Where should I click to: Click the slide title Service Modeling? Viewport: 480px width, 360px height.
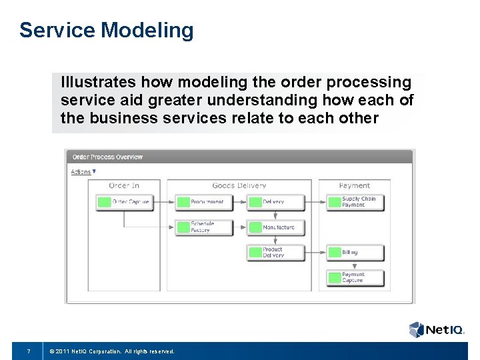(107, 30)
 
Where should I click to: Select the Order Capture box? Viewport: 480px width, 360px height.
(124, 202)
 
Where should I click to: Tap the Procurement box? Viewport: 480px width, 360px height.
(203, 202)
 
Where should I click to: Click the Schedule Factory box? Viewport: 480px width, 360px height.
(203, 227)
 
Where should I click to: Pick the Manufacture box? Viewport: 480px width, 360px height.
(275, 227)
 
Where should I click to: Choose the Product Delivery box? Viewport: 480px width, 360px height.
(275, 253)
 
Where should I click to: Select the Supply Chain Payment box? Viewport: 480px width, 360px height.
(355, 202)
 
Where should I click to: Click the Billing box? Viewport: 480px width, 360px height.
(355, 253)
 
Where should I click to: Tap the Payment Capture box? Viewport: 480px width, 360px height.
(355, 277)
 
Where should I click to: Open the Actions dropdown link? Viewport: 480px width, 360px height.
(83, 172)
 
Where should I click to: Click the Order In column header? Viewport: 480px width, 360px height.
(124, 185)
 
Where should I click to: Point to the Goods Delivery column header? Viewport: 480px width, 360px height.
(239, 185)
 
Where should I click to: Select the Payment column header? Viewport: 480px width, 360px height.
(354, 185)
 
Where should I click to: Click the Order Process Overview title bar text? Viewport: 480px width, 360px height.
(107, 157)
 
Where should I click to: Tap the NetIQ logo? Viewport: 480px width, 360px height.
(436, 329)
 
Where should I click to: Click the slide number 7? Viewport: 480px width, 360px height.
(28, 351)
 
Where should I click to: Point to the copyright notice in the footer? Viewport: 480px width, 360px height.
(115, 351)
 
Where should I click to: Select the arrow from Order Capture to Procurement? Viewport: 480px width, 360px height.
(163, 202)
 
